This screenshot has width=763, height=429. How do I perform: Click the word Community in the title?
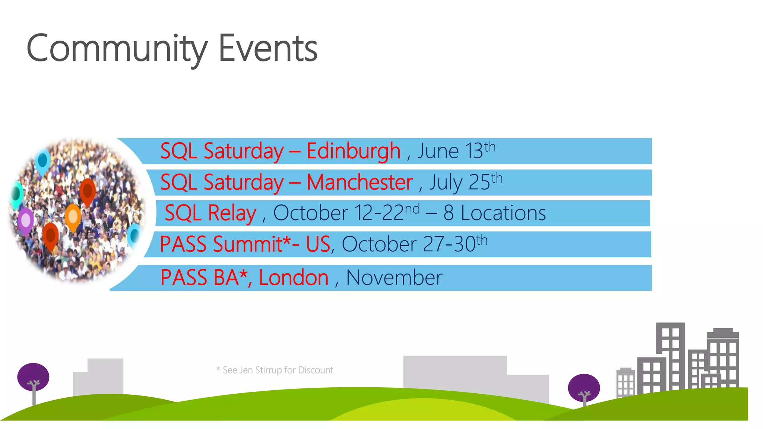pos(116,48)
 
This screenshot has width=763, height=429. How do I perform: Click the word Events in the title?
pos(267,48)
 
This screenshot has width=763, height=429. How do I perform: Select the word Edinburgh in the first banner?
pos(353,151)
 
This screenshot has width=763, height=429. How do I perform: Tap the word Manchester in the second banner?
pos(360,182)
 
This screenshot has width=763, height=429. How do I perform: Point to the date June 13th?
pos(456,151)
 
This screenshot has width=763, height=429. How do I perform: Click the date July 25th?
pos(466,182)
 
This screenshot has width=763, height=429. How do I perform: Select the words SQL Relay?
pos(210,213)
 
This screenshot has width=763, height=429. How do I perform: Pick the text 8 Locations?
pos(494,213)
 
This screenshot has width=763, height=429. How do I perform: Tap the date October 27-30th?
pos(414,244)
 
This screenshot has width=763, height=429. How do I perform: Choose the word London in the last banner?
pos(294,278)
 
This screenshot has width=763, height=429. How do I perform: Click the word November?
pos(394,278)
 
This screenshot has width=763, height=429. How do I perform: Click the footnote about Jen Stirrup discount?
pos(275,370)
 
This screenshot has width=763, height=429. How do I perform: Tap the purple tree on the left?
pos(33,377)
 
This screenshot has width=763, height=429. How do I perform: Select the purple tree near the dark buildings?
pos(583,387)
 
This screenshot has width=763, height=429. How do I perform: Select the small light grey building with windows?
pos(626,382)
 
